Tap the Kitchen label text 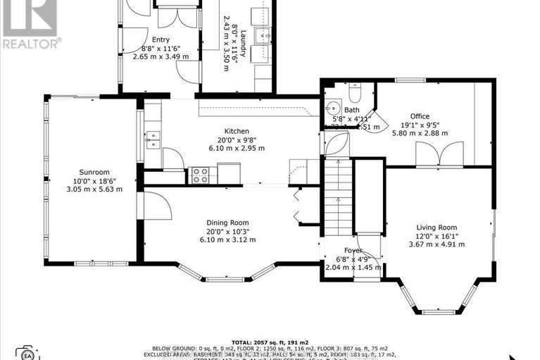(236, 131)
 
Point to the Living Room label (437, 227)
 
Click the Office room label (420, 116)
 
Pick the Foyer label (353, 250)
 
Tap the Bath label (351, 110)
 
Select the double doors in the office (439, 153)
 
